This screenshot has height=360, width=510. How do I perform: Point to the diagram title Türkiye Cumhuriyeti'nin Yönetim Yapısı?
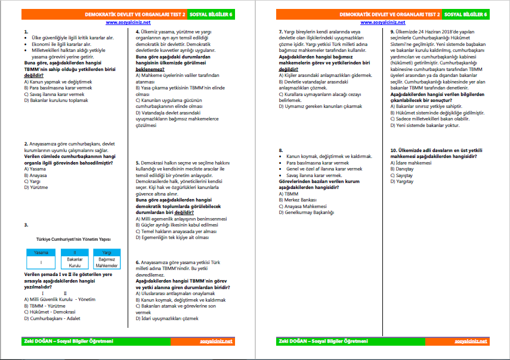[74, 238]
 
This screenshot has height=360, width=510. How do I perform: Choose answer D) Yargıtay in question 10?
[403, 181]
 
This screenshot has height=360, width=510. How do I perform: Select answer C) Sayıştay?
[403, 175]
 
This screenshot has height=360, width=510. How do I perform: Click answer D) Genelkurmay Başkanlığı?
[307, 212]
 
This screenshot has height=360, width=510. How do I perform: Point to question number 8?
[280, 150]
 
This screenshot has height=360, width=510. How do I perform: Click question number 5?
[138, 162]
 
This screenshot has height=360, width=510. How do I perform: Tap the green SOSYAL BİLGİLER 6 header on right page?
[468, 13]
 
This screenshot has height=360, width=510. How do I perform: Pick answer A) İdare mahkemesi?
[410, 162]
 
